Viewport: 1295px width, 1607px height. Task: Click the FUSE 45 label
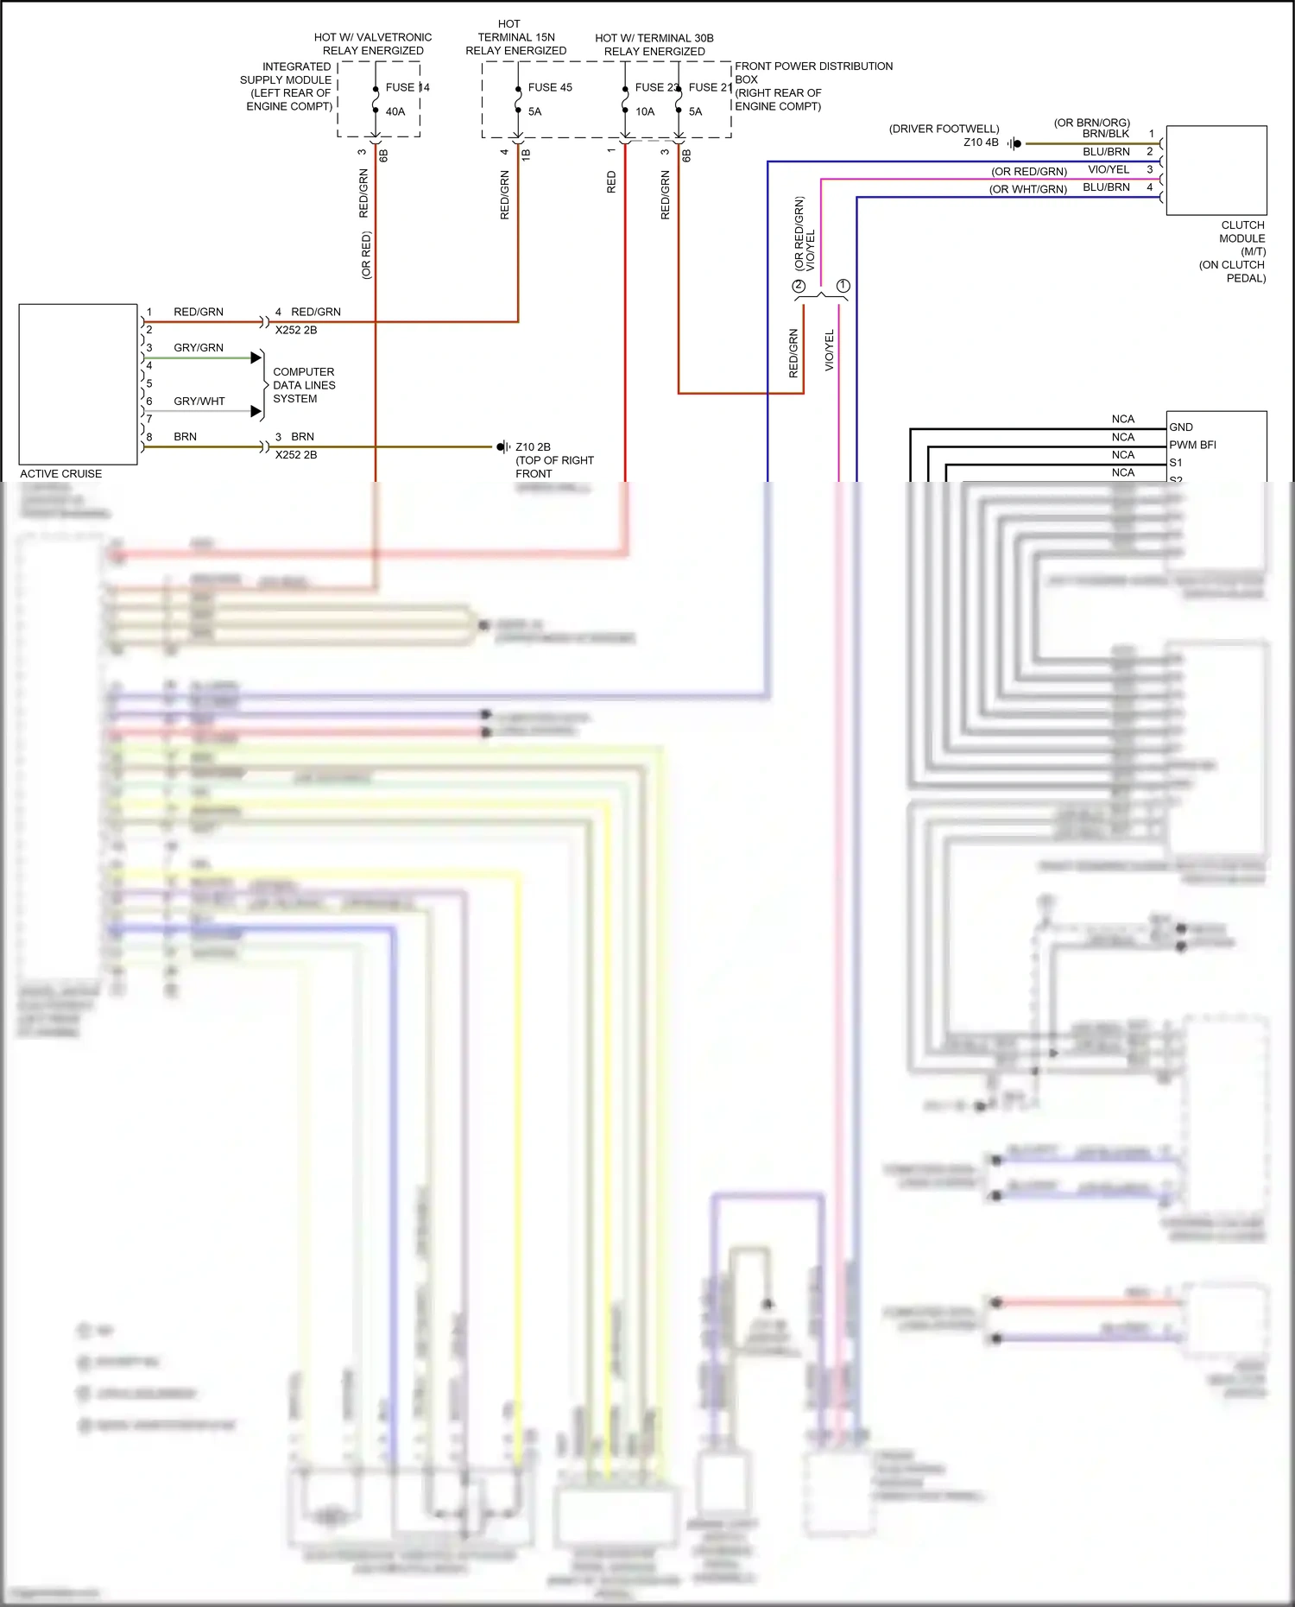[x=550, y=87]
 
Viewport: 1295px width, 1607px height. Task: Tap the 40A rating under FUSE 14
[x=395, y=111]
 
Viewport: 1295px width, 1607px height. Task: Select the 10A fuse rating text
[x=645, y=111]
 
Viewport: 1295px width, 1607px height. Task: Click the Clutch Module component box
[x=1216, y=170]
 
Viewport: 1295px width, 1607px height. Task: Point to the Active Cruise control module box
[x=78, y=383]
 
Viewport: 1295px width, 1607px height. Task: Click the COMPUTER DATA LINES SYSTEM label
[x=304, y=385]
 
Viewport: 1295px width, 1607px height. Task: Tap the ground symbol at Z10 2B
[x=502, y=446]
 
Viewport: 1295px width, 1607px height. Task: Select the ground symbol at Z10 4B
[x=1014, y=143]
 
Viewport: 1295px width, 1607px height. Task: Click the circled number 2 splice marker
[x=799, y=286]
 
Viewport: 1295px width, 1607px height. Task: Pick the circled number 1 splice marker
[x=843, y=286]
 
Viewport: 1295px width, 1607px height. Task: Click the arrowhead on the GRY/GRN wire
[x=256, y=357]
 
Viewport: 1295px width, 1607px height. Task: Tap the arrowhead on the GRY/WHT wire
[x=256, y=411]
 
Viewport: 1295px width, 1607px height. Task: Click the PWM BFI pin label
[x=1192, y=445]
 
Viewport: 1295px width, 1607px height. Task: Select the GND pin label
[x=1181, y=427]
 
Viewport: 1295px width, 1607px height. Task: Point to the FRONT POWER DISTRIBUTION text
[x=813, y=66]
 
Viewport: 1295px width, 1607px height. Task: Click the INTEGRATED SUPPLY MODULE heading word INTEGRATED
[x=296, y=66]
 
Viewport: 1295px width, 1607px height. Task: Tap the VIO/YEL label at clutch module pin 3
[x=1109, y=169]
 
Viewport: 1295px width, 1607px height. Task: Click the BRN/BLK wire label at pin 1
[x=1106, y=134]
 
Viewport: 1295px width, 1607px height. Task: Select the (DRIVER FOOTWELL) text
[x=944, y=129]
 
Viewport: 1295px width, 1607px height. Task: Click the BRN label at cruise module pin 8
[x=185, y=437]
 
